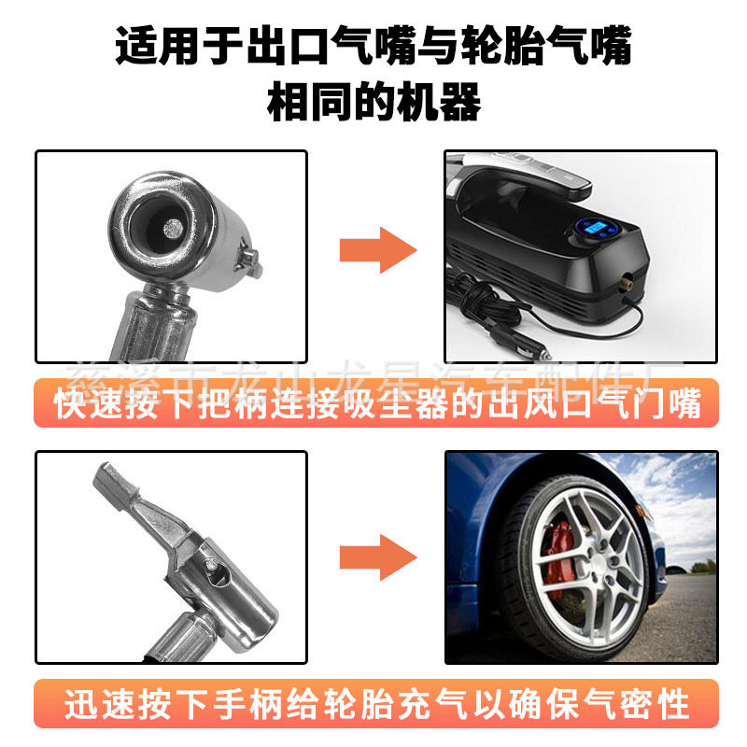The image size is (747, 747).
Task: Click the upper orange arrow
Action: click(376, 249)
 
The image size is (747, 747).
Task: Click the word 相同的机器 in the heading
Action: click(373, 103)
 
